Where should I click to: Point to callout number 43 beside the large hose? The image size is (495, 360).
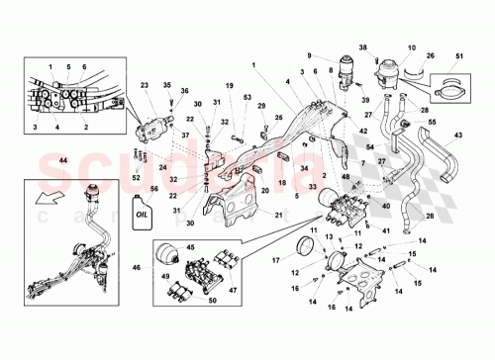[456, 135]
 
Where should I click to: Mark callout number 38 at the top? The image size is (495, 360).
[362, 47]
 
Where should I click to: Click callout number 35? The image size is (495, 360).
[166, 86]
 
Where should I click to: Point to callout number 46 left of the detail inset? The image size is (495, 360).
[138, 267]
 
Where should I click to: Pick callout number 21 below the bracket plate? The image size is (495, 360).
[278, 215]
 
